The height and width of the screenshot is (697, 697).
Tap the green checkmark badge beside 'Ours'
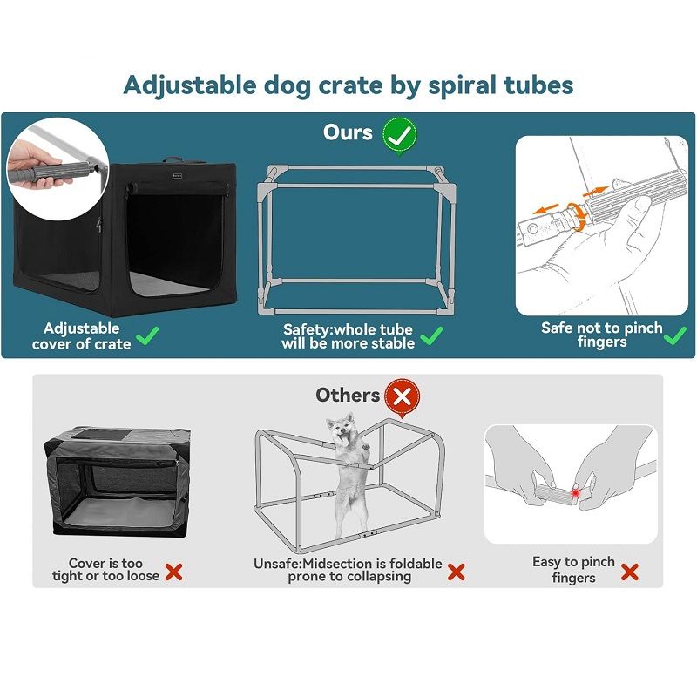400,135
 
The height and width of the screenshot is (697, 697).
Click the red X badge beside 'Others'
402,398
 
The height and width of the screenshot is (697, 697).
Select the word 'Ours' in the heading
348,132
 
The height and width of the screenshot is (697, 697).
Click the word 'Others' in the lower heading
348,395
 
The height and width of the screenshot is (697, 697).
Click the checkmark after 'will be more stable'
432,335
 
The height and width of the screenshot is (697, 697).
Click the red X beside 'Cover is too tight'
173,572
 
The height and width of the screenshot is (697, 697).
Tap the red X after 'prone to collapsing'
456,572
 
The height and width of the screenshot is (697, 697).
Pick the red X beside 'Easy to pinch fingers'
629,572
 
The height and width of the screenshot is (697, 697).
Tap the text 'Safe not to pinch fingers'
602,335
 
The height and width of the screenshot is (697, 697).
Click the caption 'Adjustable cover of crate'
82,335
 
